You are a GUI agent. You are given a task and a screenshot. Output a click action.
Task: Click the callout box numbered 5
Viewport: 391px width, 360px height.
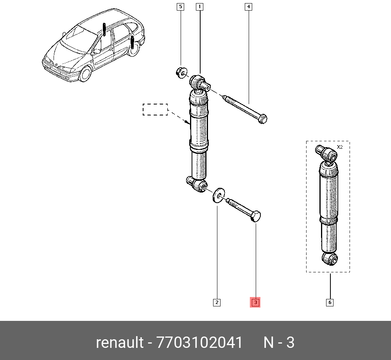pyautogui.click(x=180, y=7)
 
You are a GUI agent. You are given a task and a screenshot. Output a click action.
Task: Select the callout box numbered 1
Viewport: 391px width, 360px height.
pyautogui.click(x=199, y=7)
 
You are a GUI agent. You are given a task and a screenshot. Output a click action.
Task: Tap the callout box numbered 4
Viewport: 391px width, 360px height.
pyautogui.click(x=248, y=7)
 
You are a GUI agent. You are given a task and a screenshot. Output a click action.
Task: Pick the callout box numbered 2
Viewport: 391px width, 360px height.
pyautogui.click(x=217, y=302)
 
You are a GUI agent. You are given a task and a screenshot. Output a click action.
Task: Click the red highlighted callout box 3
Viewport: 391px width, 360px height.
pyautogui.click(x=255, y=302)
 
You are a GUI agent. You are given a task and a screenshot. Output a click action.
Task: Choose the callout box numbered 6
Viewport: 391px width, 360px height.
pyautogui.click(x=330, y=302)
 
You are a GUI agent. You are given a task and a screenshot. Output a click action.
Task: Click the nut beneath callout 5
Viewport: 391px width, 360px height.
pyautogui.click(x=181, y=72)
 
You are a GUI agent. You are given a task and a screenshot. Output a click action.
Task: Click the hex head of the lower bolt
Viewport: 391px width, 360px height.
pyautogui.click(x=255, y=216)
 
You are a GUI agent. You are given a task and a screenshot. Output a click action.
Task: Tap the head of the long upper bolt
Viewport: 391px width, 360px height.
pyautogui.click(x=263, y=118)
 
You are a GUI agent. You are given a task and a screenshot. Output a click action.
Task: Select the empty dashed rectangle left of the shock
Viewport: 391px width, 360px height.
pyautogui.click(x=155, y=110)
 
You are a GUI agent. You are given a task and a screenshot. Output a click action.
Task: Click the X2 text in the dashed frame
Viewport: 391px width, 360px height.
pyautogui.click(x=340, y=147)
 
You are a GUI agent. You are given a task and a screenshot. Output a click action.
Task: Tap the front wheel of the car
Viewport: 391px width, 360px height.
pyautogui.click(x=86, y=74)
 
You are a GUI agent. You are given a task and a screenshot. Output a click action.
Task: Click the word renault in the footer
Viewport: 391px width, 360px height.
pyautogui.click(x=120, y=343)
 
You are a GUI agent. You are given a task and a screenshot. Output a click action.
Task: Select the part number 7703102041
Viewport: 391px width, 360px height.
pyautogui.click(x=199, y=343)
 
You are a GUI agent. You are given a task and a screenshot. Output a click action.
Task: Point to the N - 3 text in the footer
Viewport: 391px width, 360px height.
pyautogui.click(x=279, y=343)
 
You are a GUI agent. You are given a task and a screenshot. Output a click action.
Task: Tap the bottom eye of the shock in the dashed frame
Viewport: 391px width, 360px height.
pyautogui.click(x=329, y=259)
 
